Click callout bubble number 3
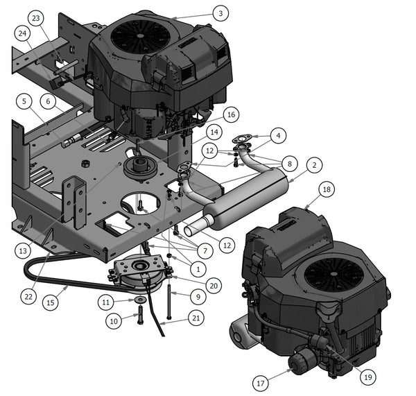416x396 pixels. (220, 13)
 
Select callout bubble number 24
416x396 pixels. (23, 33)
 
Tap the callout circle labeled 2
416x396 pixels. (314, 165)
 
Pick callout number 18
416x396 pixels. (327, 189)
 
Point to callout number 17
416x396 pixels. (261, 383)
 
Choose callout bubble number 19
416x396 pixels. (368, 377)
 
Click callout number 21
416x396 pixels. (196, 318)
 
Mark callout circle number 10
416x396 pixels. (114, 321)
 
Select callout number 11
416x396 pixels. (105, 302)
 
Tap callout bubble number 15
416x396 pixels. (51, 302)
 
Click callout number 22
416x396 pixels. (28, 296)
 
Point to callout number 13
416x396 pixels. (23, 250)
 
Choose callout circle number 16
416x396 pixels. (231, 114)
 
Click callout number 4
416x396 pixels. (278, 136)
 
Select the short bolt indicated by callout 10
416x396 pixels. (140, 314)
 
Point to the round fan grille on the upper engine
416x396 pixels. (141, 36)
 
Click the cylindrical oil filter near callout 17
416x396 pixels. (302, 360)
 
